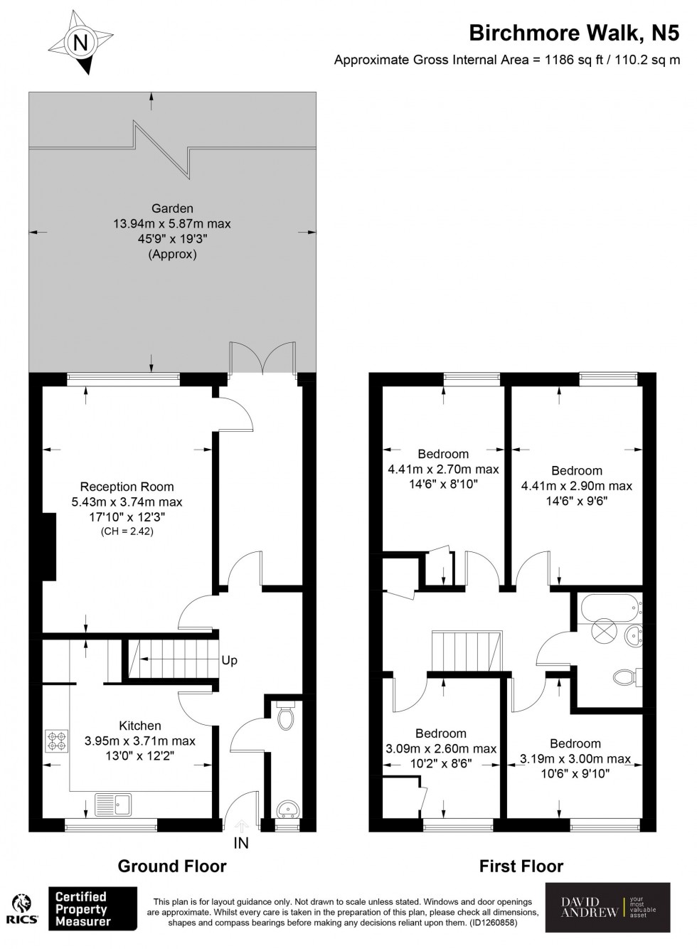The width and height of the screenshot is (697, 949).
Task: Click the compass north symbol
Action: tap(81, 43)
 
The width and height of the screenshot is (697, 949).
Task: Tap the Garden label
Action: tap(172, 208)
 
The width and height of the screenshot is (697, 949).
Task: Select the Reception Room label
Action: tap(127, 487)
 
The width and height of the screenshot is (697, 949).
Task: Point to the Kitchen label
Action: tap(139, 726)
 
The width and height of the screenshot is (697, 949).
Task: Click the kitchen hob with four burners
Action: tap(57, 741)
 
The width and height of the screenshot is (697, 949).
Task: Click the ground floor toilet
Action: tap(286, 717)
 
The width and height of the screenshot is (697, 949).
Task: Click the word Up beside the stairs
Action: tap(229, 660)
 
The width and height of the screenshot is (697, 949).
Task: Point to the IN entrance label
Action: tap(241, 844)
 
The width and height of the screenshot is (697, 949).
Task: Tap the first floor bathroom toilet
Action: tap(625, 677)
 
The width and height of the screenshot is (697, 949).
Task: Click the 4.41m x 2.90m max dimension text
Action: tap(577, 486)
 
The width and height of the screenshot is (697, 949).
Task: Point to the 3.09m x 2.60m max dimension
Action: tap(441, 748)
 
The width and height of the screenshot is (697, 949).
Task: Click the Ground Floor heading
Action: tap(172, 866)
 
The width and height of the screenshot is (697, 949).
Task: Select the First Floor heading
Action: tap(521, 866)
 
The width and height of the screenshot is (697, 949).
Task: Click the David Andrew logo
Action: tap(607, 907)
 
